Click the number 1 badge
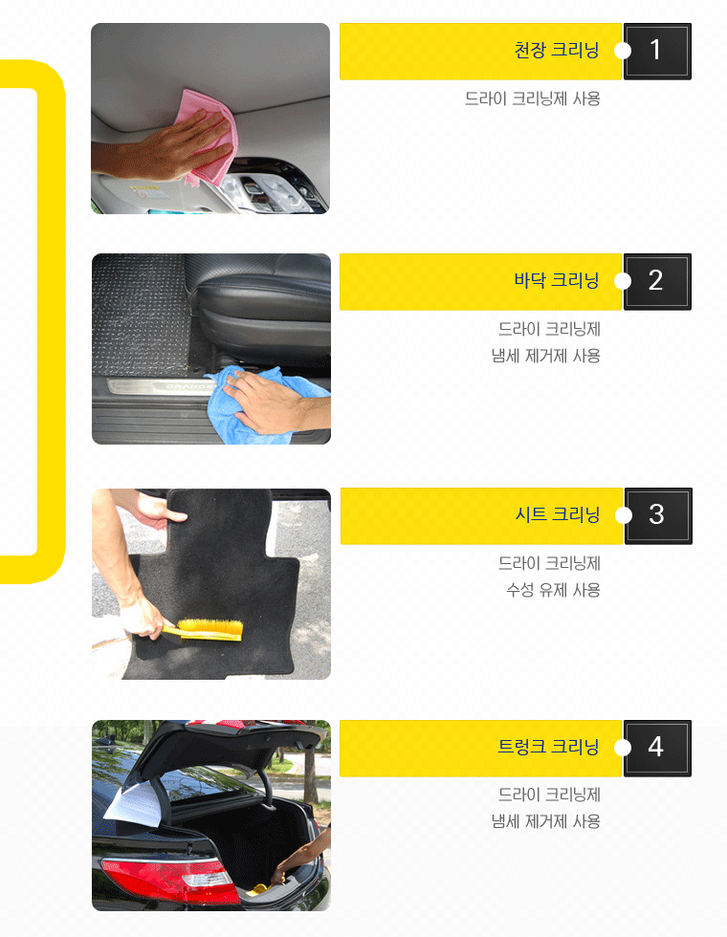[657, 52]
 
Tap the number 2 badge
[657, 281]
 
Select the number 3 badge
[658, 515]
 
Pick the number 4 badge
[657, 748]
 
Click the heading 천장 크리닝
[557, 50]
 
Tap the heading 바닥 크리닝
[557, 280]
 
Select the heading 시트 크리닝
[557, 514]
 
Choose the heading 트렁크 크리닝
[548, 747]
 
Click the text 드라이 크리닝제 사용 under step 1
[532, 98]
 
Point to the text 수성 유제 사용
[553, 591]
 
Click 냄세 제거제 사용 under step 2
[545, 356]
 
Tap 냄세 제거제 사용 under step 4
[545, 821]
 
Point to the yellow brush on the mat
[207, 629]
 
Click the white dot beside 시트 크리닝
[623, 515]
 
